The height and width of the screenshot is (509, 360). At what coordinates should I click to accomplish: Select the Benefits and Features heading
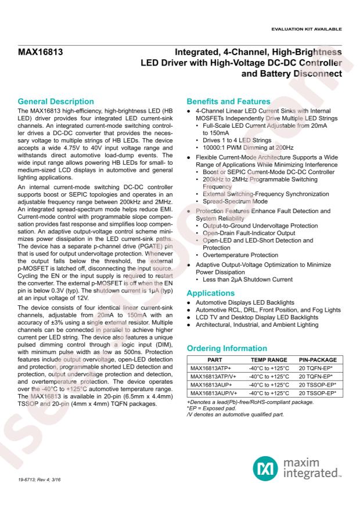221,102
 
